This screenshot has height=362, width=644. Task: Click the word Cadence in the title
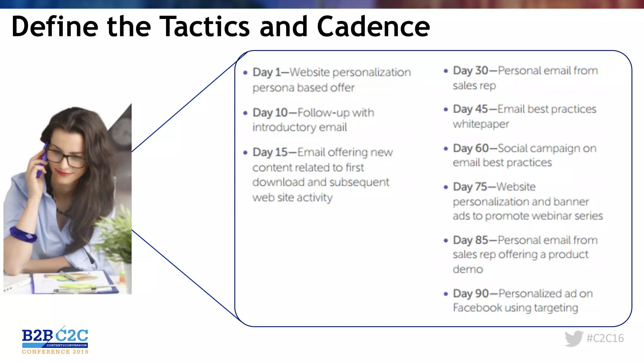tap(373, 27)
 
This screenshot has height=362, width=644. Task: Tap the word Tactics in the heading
tap(205, 27)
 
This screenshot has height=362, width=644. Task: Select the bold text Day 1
tap(267, 72)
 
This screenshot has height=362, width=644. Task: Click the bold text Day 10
tap(270, 112)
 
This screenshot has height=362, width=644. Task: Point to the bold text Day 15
tap(270, 152)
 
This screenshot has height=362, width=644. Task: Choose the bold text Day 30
tap(470, 71)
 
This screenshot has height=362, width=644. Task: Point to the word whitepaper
tap(481, 124)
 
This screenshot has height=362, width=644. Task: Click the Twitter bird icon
tap(574, 338)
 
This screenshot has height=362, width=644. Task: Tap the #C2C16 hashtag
tap(605, 338)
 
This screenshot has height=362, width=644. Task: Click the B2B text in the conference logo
tap(37, 336)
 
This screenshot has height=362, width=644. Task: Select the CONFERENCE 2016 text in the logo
tap(55, 352)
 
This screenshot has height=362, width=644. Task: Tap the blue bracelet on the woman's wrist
tap(23, 234)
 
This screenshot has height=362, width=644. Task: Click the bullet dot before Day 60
tap(446, 149)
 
